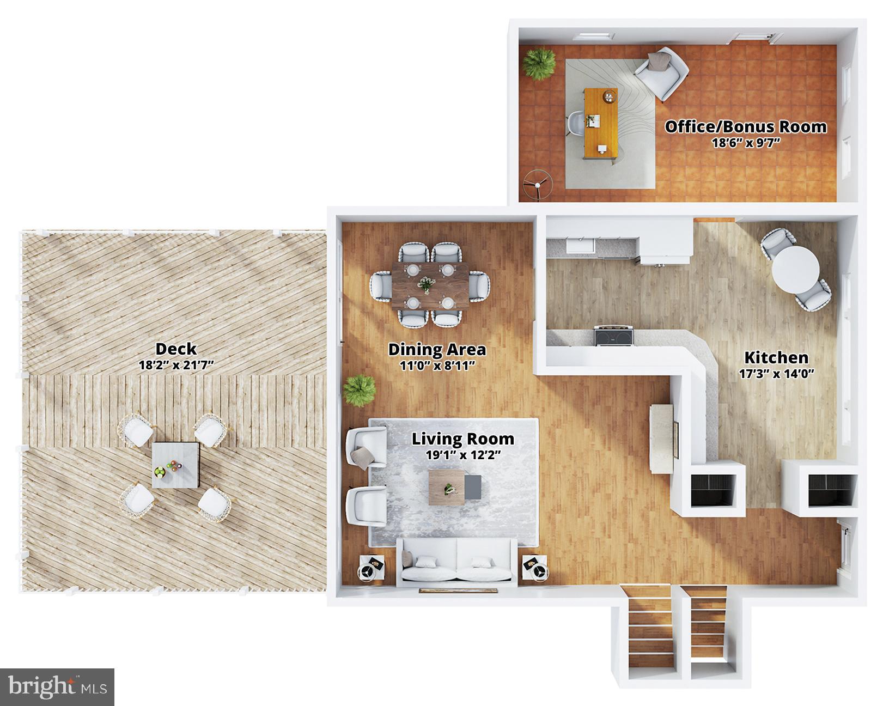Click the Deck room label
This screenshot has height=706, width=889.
pos(175,349)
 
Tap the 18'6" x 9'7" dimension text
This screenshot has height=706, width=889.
pos(746,143)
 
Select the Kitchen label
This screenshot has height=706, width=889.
pos(776,358)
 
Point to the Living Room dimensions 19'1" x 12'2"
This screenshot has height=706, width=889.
pos(463,455)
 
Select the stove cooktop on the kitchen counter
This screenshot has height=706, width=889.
pos(614,336)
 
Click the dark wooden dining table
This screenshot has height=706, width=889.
pos(430,285)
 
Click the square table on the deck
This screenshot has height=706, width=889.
pos(175,465)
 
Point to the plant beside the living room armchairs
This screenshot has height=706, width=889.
pos(360,390)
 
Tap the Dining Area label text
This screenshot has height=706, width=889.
pos(437,349)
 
